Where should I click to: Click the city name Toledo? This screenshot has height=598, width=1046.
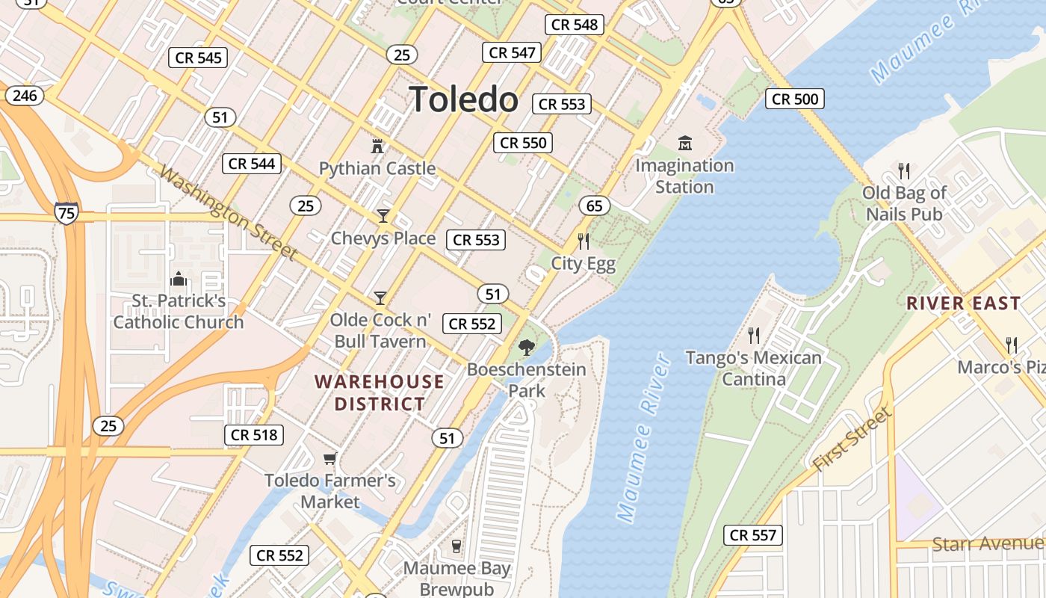pos(463,99)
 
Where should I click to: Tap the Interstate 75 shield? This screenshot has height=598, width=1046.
pos(66,212)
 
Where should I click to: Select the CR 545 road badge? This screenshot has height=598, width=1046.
pos(198,58)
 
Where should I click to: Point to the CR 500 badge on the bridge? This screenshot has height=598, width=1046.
pos(795,99)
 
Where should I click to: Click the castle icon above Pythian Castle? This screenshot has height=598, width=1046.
pos(377,146)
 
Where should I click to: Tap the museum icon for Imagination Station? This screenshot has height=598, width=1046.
pos(684,143)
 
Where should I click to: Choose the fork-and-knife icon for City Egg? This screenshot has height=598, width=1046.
pos(584,241)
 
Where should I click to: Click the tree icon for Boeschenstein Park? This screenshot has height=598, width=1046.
pos(527,347)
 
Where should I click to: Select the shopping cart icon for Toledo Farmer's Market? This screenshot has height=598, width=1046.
pos(329,457)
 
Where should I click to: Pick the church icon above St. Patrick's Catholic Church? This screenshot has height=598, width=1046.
pos(179,279)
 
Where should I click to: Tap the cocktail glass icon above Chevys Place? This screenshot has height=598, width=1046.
pos(383,216)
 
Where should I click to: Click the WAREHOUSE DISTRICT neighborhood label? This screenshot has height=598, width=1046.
pos(380,393)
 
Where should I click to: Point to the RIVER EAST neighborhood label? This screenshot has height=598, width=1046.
pos(963,303)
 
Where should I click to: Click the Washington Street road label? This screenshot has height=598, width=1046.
pos(229,214)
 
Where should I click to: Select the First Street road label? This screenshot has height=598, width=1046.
pos(852,440)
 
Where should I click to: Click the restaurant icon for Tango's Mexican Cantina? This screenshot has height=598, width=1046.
pos(754,335)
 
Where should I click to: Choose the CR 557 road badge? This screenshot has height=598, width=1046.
pos(753,535)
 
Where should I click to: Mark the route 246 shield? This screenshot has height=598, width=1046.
pos(25,96)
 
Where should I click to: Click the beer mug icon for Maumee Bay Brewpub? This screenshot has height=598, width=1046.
pos(457,546)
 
